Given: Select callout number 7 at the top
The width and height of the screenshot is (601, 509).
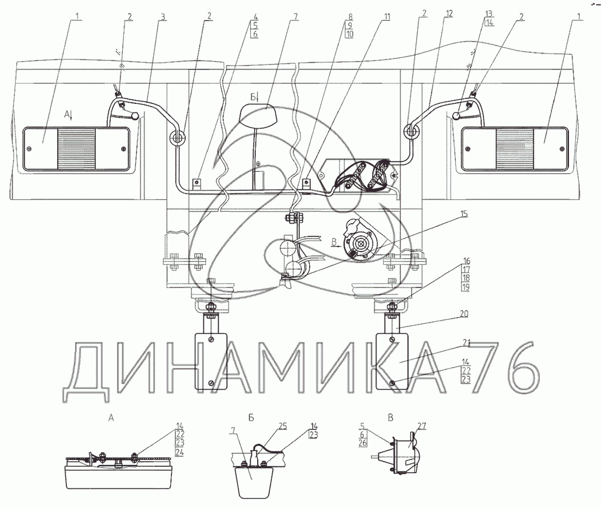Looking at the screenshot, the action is click(297, 17).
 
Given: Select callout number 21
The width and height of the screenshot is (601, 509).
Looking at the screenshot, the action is click(466, 343).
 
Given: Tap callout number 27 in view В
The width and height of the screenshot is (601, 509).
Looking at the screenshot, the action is click(422, 425).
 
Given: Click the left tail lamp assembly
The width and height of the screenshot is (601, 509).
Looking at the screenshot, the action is click(76, 148).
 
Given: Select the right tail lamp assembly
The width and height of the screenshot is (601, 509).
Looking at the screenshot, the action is click(514, 148).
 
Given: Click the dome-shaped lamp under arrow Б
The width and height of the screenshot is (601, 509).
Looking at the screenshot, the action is click(257, 116).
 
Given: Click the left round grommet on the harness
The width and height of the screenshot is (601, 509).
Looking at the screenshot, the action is click(177, 137).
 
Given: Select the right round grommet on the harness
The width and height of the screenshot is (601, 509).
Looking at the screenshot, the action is click(411, 131).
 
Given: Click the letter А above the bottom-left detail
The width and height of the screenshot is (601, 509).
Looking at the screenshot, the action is click(111, 418).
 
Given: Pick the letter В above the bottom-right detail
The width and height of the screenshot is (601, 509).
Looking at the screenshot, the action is click(391, 418).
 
